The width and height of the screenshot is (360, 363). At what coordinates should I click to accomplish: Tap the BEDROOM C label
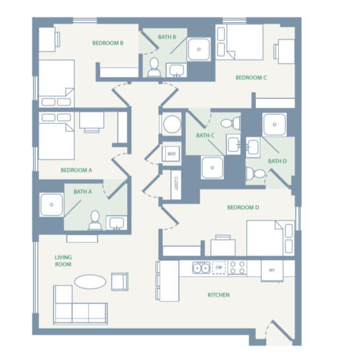[251, 78]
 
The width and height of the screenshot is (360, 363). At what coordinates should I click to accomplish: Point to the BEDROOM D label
[243, 208]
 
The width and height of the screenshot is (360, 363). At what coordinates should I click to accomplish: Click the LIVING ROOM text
[63, 261]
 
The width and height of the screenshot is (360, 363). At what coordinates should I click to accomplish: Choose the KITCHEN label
[218, 295]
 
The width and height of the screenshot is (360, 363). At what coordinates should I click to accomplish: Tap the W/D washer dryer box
[172, 154]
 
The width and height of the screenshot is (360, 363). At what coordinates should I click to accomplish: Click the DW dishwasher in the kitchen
[218, 268]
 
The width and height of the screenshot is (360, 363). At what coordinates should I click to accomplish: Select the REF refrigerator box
[270, 269]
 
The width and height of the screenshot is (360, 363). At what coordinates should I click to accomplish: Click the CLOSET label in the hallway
[176, 183]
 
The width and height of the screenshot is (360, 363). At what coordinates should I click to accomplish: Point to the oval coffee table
[90, 282]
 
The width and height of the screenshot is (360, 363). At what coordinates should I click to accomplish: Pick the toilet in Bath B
[154, 67]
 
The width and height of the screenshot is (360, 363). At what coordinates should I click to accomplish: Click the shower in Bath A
[51, 205]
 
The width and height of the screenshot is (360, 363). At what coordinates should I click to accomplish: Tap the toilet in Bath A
[95, 220]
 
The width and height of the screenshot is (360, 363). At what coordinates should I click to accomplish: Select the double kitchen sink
[200, 268]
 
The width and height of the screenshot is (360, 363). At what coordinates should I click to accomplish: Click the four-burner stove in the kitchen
[237, 268]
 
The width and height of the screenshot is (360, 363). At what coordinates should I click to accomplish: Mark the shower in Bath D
[274, 125]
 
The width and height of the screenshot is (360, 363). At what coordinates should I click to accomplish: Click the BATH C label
[205, 136]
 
